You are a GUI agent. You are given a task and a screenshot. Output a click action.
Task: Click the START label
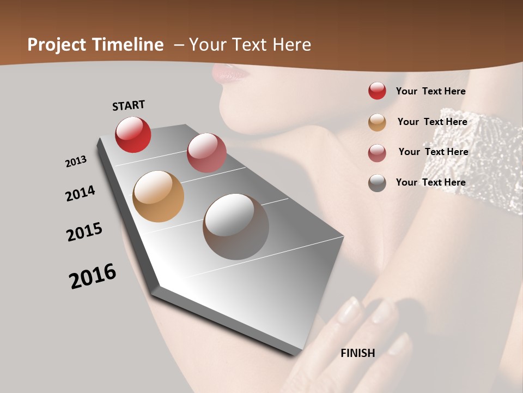coord(129,105)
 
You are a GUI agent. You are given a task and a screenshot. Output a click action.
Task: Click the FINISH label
coord(358,353)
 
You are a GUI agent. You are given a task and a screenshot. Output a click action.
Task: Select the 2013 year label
coord(76,162)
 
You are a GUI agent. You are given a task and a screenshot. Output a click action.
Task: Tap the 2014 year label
coord(81,193)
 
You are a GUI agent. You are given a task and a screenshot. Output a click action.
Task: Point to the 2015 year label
coord(84,232)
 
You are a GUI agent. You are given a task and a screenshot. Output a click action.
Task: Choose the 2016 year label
coord(93,276)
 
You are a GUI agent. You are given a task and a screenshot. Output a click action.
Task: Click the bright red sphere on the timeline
coord(133,134)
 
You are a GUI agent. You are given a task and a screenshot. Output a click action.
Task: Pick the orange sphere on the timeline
coord(159,196)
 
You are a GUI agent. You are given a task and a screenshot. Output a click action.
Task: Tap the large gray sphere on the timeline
coord(236,227)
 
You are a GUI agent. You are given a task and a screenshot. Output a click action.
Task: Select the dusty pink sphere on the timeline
coord(206,152)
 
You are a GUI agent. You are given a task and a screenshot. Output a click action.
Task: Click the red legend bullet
coord(377,91)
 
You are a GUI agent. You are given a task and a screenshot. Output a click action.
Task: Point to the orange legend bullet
coord(377,122)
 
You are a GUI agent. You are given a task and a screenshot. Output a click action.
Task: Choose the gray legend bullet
coord(377,183)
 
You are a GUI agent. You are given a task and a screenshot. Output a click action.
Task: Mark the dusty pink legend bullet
coord(377,153)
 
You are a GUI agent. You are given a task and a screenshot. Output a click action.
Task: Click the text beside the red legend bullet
coord(430,91)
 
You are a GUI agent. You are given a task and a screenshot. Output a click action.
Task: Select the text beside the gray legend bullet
coord(430,182)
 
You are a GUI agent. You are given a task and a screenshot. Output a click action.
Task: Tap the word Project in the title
coord(57,45)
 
